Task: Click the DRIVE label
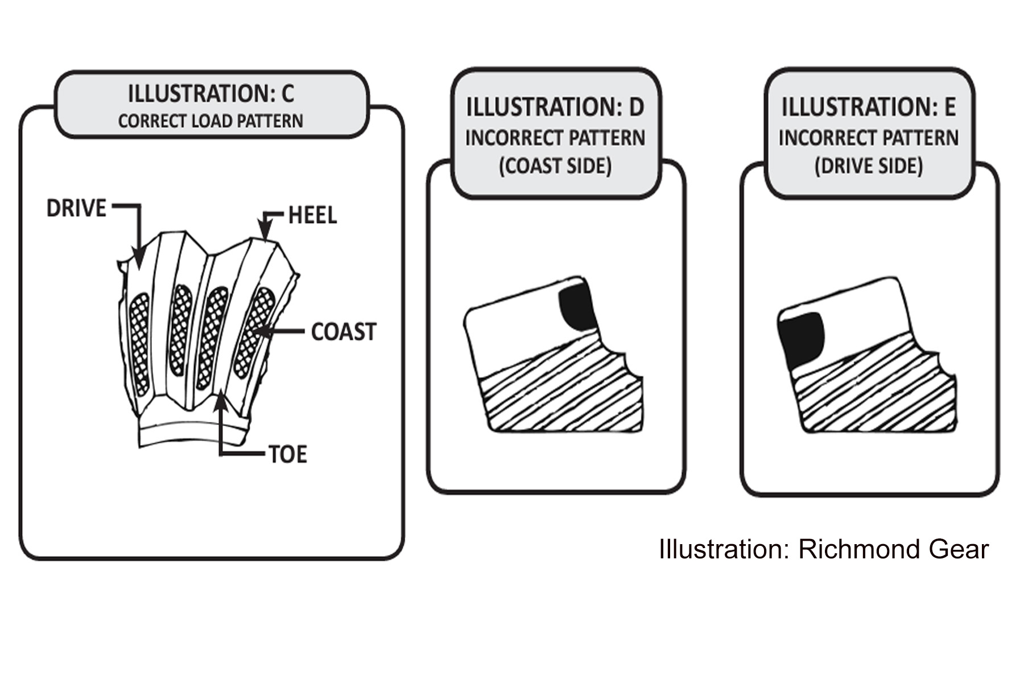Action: click(76, 208)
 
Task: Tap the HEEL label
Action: click(312, 215)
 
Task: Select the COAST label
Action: click(344, 332)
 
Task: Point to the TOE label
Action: click(288, 454)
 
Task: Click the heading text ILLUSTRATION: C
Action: click(211, 94)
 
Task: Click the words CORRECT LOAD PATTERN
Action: click(210, 121)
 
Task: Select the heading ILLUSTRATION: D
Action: click(555, 107)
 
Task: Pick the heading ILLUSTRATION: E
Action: click(868, 107)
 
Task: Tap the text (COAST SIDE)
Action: click(555, 166)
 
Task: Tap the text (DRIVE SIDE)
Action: click(868, 166)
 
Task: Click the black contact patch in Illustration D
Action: click(577, 307)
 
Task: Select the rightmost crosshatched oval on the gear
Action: click(254, 331)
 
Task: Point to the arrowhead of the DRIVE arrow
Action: click(138, 259)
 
